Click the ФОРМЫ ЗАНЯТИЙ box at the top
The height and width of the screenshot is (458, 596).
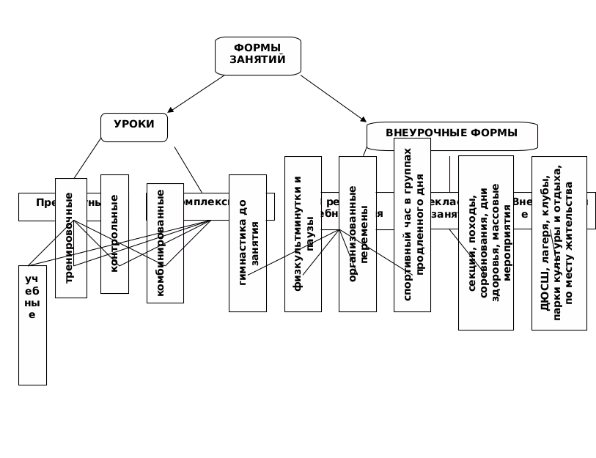[258, 56]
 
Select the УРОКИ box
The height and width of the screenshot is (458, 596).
[134, 127]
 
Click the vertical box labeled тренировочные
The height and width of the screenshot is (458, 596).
[70, 238]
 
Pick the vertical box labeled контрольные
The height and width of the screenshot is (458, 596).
[114, 234]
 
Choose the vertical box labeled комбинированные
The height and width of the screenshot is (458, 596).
[165, 243]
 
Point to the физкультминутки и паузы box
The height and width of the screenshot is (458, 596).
[303, 234]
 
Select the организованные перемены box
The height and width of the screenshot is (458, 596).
[358, 234]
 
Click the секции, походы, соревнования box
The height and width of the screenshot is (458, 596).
[485, 243]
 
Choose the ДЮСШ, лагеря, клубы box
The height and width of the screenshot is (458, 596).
[559, 243]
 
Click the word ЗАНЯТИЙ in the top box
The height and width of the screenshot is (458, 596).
[258, 61]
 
